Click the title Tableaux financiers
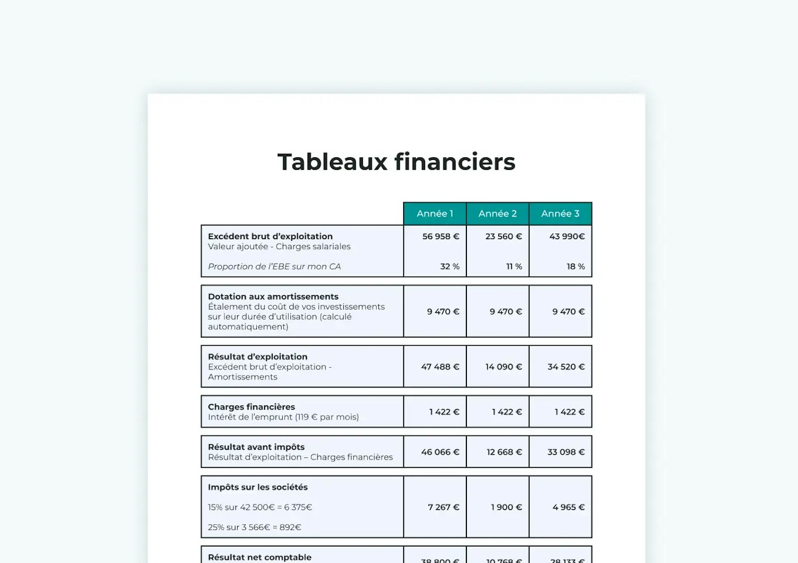(396, 162)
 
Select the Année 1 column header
(434, 214)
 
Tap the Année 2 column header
(497, 214)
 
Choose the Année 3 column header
(560, 214)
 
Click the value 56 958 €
(441, 236)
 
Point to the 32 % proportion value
(449, 267)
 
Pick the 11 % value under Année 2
(514, 267)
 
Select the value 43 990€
(566, 236)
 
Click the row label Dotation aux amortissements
(273, 297)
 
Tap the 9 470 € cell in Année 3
(568, 312)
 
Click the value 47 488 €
(440, 367)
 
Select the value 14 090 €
(503, 367)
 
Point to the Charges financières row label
(251, 407)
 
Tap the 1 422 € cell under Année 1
(444, 412)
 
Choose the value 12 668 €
(504, 452)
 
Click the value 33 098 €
(565, 452)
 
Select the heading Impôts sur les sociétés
(257, 487)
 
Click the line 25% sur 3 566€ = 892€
(254, 527)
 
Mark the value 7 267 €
(443, 507)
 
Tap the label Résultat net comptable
(260, 557)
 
